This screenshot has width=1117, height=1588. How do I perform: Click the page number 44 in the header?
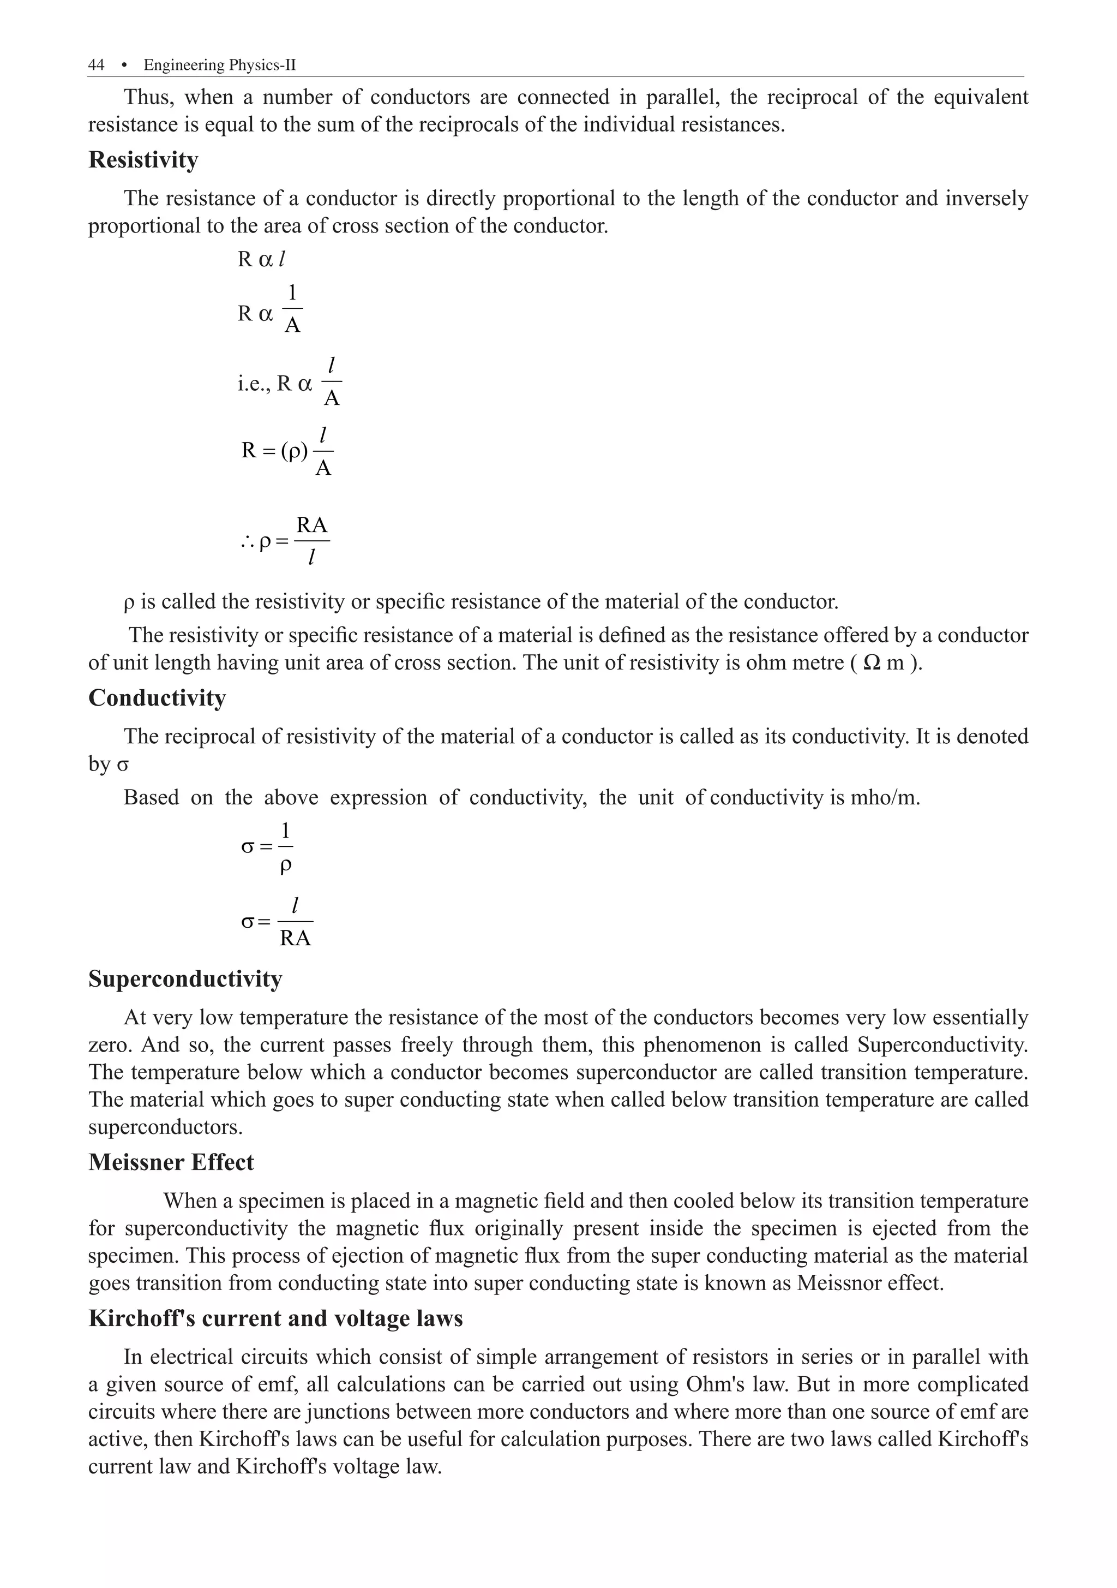pyautogui.click(x=96, y=65)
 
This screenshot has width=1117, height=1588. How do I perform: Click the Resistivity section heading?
pyautogui.click(x=143, y=160)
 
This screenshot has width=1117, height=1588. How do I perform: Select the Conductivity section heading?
pyautogui.click(x=157, y=698)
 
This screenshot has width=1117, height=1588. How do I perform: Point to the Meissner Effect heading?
pyautogui.click(x=171, y=1162)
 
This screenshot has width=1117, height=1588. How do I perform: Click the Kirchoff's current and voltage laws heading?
pyautogui.click(x=275, y=1318)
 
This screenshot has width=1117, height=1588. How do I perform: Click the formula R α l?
pyautogui.click(x=261, y=259)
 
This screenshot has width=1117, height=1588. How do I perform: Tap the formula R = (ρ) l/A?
pyautogui.click(x=287, y=451)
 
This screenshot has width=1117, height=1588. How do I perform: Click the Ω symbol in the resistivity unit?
pyautogui.click(x=872, y=662)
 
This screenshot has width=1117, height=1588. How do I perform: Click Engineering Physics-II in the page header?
pyautogui.click(x=220, y=65)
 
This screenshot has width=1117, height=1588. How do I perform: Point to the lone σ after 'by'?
pyautogui.click(x=123, y=766)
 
